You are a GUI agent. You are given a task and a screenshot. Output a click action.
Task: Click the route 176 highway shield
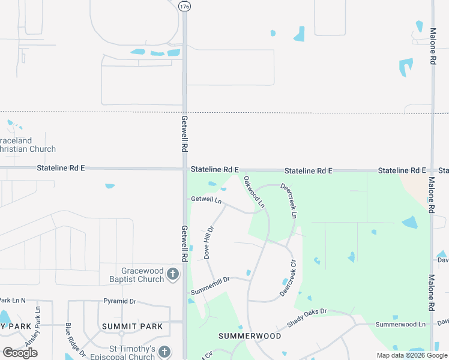point(184,5)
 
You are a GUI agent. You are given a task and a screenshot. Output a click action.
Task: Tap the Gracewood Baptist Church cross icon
point(173,275)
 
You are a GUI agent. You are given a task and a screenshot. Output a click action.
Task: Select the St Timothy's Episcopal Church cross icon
point(165,352)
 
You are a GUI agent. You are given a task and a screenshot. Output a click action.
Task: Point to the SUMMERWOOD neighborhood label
point(250,336)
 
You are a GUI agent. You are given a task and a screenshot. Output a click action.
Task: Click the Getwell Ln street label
point(206,199)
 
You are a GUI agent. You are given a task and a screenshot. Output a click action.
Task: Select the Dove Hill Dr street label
point(209,242)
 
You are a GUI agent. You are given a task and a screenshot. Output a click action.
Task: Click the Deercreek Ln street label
point(288,201)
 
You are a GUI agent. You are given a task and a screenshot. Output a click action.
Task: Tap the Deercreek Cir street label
point(288,277)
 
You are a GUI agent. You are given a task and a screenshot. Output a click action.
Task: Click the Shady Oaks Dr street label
point(306,318)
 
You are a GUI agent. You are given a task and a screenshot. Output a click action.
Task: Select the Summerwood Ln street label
point(400,324)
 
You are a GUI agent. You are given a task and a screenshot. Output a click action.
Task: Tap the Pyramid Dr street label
point(120,301)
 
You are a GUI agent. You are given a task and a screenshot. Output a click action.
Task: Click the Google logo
point(20,353)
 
